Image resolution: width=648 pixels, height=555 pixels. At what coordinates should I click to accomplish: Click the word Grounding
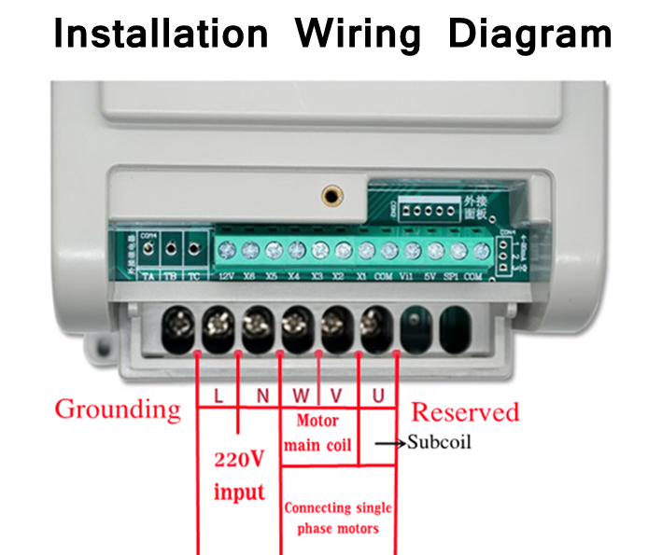pos(117,409)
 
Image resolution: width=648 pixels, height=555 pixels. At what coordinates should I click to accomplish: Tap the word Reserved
pos(465,411)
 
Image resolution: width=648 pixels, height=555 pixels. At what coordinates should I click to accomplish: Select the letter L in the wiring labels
pos(217,395)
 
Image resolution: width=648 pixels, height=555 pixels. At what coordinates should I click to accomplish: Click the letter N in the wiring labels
pos(262,395)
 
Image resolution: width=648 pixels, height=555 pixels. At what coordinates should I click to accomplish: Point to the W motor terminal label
pos(301,395)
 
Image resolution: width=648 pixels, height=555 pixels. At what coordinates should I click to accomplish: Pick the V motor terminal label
pos(336,395)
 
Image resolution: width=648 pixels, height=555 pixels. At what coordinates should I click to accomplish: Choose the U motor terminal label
pos(377,395)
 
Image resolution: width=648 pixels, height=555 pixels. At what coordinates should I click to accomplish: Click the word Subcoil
pos(439,441)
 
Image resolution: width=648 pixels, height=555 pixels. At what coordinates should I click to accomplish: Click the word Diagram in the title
pos(529,34)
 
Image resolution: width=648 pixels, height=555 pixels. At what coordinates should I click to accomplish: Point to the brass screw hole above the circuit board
pos(330,195)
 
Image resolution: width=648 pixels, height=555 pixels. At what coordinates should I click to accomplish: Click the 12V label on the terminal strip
pos(226,277)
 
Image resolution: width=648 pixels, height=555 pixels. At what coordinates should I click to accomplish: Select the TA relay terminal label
pos(147,277)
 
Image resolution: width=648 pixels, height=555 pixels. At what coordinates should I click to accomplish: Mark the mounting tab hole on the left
pos(98,352)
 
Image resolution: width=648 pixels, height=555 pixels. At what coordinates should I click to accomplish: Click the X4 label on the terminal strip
pos(294,277)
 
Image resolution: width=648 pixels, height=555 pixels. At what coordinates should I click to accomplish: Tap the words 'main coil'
pos(317,444)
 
